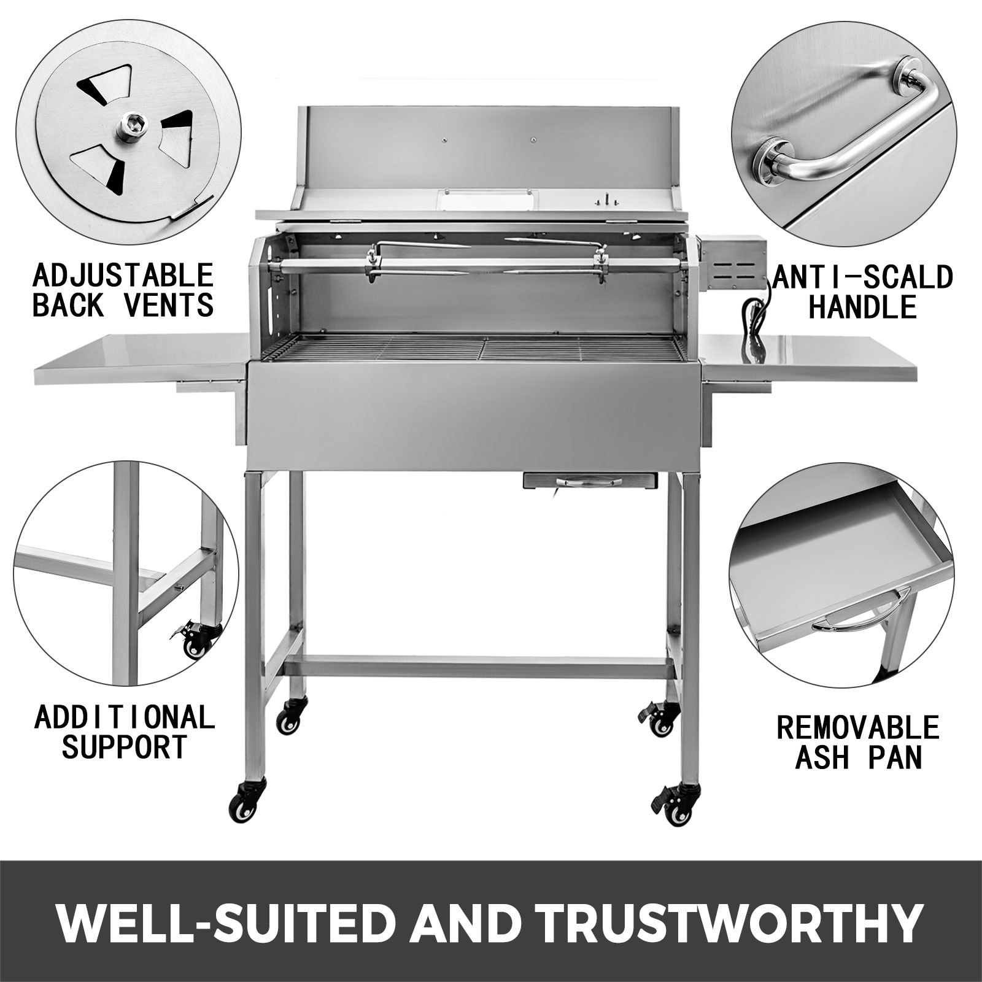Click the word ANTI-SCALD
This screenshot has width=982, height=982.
click(x=862, y=277)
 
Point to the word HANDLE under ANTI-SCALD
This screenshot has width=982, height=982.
click(x=862, y=306)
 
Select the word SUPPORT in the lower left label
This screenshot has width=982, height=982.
click(x=124, y=747)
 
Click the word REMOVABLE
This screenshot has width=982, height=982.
click(x=858, y=729)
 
